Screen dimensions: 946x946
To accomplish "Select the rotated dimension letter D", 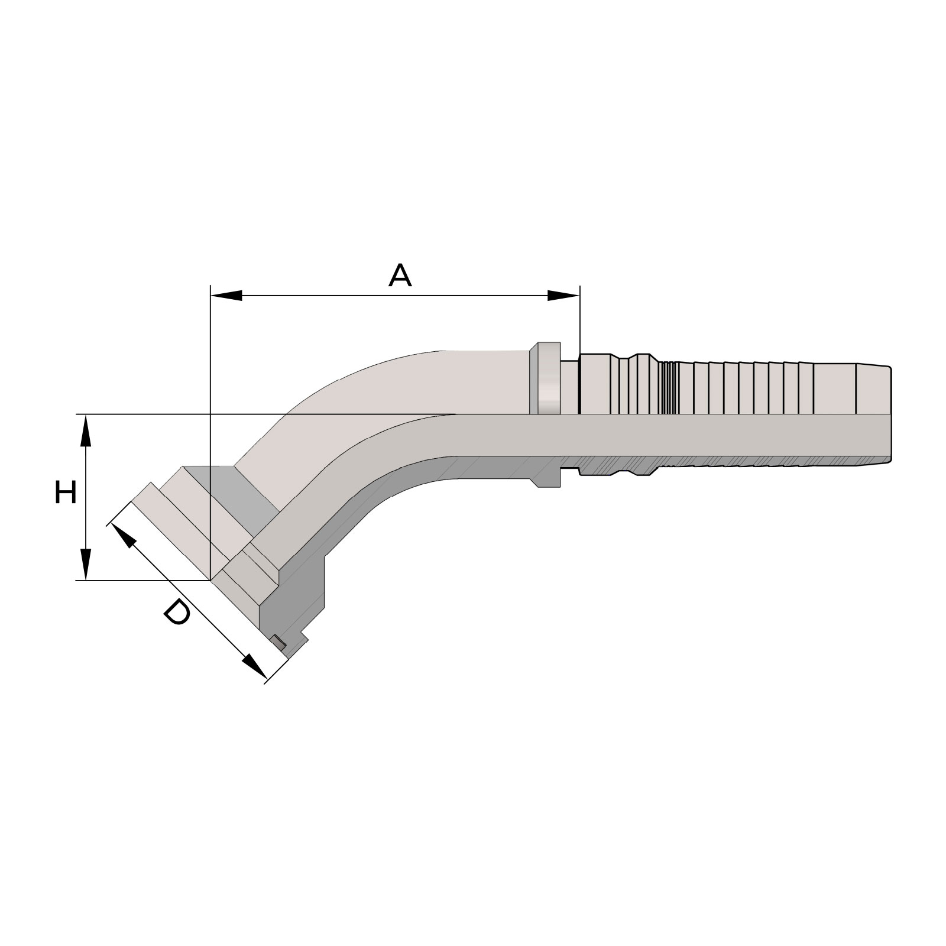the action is tap(176, 612).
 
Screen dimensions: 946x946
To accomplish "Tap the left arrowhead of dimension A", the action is tap(226, 296).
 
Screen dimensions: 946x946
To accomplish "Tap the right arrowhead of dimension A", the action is tap(563, 296).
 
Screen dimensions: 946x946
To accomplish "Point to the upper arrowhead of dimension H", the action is tap(86, 430).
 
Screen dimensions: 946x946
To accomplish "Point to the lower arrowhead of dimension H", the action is tap(86, 565).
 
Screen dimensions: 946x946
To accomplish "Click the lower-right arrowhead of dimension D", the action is tap(254, 666).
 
